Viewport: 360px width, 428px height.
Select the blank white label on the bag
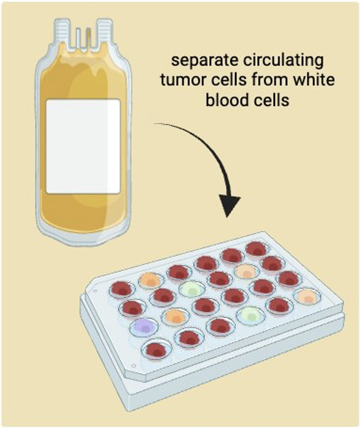pyautogui.click(x=84, y=146)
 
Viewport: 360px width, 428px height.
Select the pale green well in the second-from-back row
pyautogui.click(x=189, y=288)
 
